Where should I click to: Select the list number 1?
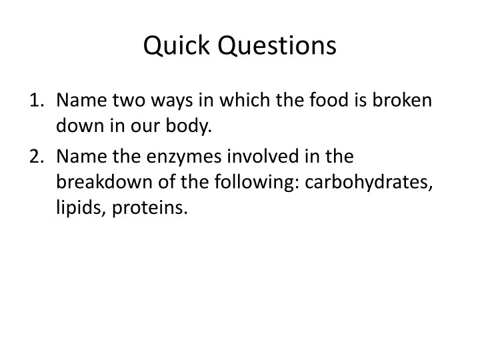point(36,101)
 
